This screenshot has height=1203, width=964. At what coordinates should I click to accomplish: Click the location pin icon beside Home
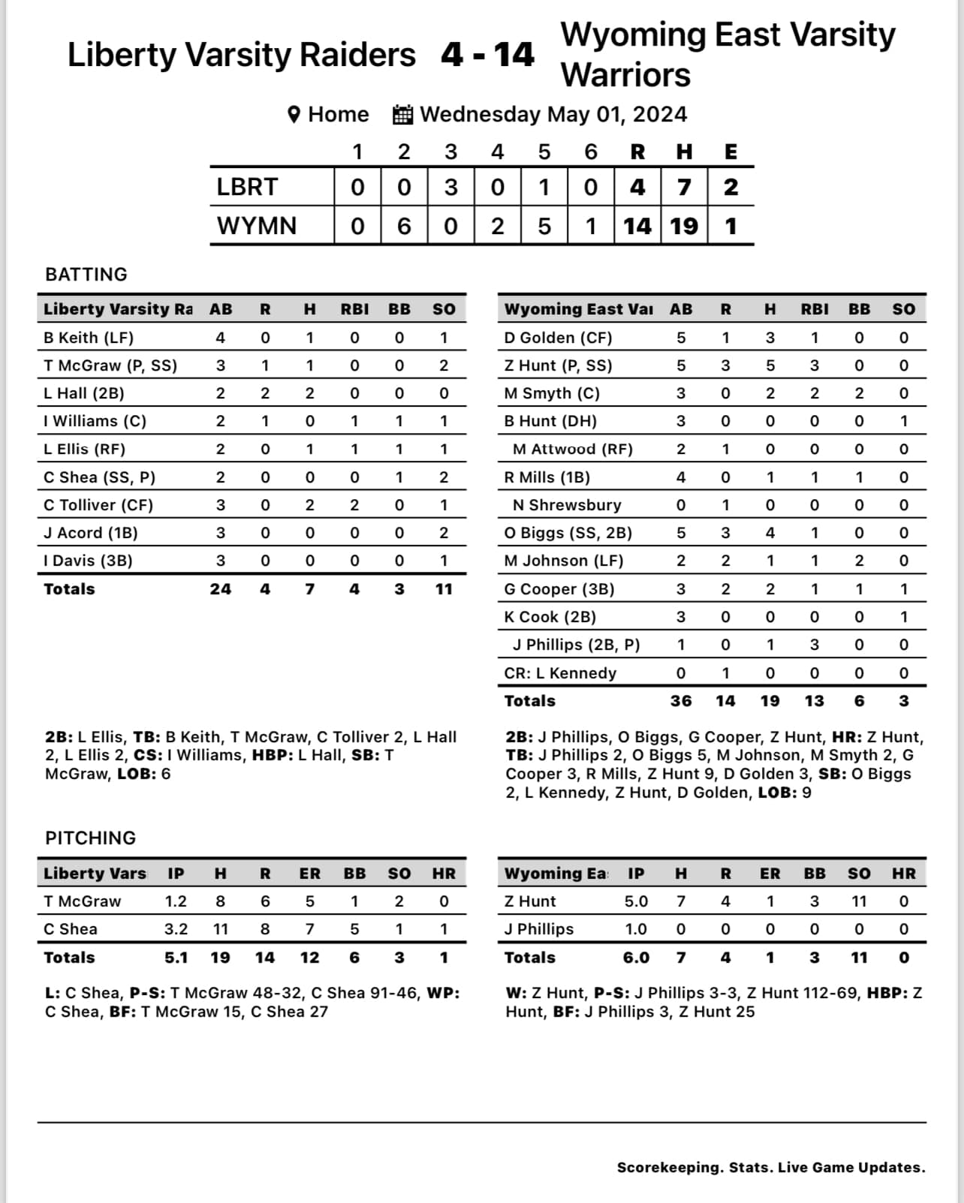point(294,115)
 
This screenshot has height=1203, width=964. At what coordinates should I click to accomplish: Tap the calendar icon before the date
point(402,115)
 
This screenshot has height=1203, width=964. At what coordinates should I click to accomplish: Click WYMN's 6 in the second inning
point(404,226)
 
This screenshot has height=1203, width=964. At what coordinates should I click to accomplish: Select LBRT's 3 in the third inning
point(450,187)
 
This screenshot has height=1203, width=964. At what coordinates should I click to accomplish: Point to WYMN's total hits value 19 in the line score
point(683,226)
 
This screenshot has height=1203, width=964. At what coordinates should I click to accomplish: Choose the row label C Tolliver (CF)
point(98,505)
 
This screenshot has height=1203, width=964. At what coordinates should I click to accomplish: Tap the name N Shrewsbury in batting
point(567,505)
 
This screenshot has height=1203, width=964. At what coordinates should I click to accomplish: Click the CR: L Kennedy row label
point(560,673)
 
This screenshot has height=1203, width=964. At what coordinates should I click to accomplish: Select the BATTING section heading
point(86,275)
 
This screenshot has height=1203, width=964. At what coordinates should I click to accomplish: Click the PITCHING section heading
point(91,838)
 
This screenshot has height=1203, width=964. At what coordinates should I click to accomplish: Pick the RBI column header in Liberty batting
point(354,309)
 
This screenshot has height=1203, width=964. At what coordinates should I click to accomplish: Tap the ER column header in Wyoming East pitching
point(770,874)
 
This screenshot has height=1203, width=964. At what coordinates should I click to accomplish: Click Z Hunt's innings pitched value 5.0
point(636,901)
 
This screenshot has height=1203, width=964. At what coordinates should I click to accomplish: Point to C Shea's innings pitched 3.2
point(176,929)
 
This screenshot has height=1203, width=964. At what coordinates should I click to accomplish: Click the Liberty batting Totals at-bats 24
point(220,589)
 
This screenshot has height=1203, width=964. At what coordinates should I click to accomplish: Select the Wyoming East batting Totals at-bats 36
point(680,701)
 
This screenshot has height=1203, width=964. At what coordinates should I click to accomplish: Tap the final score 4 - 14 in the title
point(487,55)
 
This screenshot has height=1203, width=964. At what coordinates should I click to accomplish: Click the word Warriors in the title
point(625,75)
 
